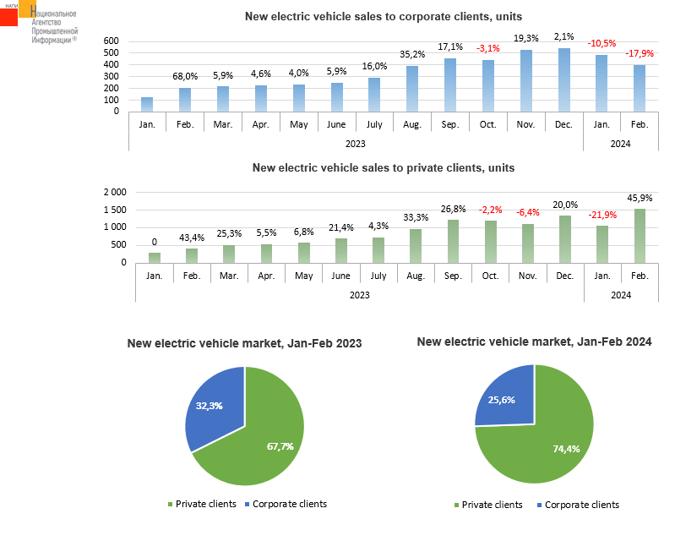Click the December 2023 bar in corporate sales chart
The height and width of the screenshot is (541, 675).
(564, 79)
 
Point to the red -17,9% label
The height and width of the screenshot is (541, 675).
(640, 54)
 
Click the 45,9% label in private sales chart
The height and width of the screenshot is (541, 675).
(640, 198)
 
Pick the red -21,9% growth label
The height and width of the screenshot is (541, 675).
(602, 215)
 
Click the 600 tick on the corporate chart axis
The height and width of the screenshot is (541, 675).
(112, 41)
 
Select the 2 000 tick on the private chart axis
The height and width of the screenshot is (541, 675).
(114, 193)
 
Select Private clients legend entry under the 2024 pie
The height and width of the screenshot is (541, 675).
(489, 505)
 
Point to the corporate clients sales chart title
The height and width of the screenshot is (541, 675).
(383, 16)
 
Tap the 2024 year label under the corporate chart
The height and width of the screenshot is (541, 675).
(621, 144)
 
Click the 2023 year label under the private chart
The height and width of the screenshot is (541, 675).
(359, 295)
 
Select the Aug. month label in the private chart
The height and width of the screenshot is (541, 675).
(416, 276)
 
